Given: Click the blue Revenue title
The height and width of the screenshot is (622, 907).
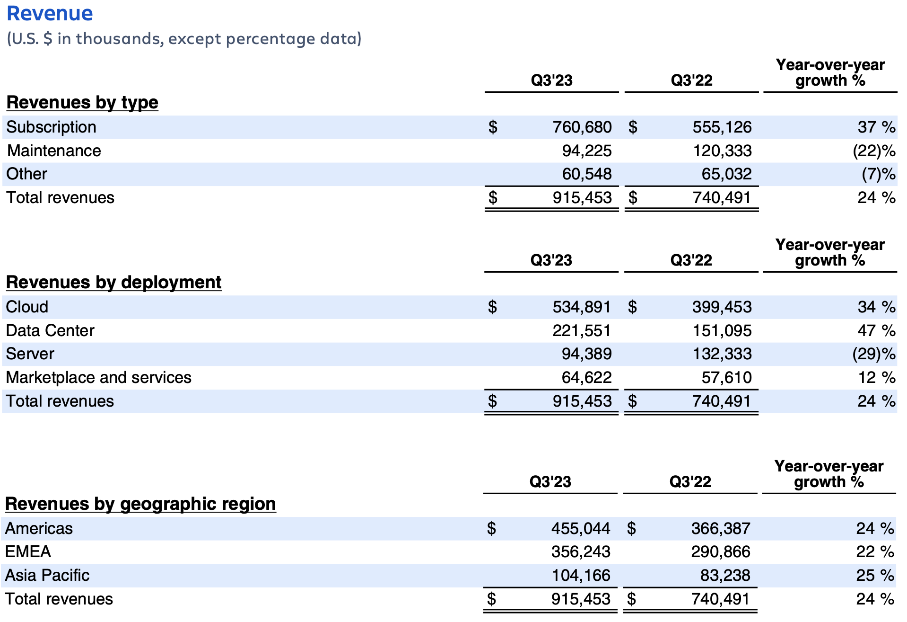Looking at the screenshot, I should tap(50, 13).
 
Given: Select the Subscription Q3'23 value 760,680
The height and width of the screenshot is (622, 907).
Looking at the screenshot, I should tap(582, 127).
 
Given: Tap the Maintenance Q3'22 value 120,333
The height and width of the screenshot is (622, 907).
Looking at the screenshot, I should tap(722, 151).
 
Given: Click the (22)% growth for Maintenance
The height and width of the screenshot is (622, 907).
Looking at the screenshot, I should tap(873, 151).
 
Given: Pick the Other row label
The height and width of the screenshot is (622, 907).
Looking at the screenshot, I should tap(26, 174).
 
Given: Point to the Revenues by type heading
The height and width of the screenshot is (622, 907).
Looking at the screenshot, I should tap(82, 102).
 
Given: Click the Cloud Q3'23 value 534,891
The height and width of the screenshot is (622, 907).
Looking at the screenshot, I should tap(581, 307).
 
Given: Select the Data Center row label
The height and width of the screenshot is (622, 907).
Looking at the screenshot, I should tap(50, 330).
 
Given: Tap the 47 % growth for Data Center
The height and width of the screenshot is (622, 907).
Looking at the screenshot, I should tap(876, 330).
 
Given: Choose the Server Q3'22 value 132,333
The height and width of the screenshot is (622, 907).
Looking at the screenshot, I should tap(722, 354).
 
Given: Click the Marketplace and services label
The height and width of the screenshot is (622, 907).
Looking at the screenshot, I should tap(98, 377).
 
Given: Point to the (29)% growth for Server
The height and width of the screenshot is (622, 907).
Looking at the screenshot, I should tap(873, 354).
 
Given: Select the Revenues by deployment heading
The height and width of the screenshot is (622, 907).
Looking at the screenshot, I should tap(113, 282).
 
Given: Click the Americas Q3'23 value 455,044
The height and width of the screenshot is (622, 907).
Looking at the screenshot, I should tap(580, 528).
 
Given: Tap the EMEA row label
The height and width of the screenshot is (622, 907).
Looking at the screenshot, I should tap(28, 551).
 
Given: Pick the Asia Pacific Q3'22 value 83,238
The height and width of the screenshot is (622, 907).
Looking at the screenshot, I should tap(725, 575).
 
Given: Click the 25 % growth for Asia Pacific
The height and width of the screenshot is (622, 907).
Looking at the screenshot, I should tap(874, 575).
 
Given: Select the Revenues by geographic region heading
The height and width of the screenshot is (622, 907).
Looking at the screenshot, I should tap(140, 504).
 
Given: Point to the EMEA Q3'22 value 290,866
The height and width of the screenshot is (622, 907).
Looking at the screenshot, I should tap(720, 551).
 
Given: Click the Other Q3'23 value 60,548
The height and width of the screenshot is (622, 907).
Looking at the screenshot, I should tap(586, 174).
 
